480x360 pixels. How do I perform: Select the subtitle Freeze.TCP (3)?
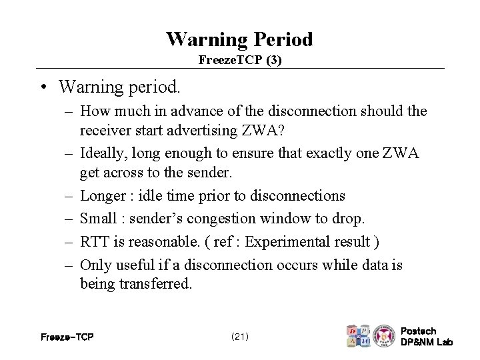coord(240,60)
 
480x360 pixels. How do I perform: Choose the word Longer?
coord(103,196)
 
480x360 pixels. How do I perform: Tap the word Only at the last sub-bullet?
coord(96,265)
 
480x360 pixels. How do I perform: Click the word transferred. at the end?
coord(154,283)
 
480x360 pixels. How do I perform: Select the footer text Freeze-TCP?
coord(67,337)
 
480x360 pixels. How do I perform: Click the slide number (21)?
coord(240,337)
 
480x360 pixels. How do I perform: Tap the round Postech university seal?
coord(384,335)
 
